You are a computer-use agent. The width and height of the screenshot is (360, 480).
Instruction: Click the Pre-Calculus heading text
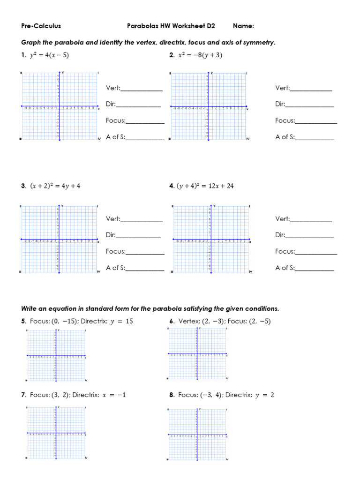click(x=41, y=26)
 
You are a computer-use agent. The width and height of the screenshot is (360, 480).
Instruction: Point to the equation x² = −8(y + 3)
click(x=200, y=55)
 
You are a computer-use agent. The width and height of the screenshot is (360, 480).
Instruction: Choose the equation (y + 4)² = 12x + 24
click(x=205, y=186)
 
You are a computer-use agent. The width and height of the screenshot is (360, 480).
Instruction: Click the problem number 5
click(x=23, y=322)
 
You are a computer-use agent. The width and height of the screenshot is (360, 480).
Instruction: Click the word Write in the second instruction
click(x=30, y=308)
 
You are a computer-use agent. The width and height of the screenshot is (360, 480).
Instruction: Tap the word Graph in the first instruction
click(x=30, y=43)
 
